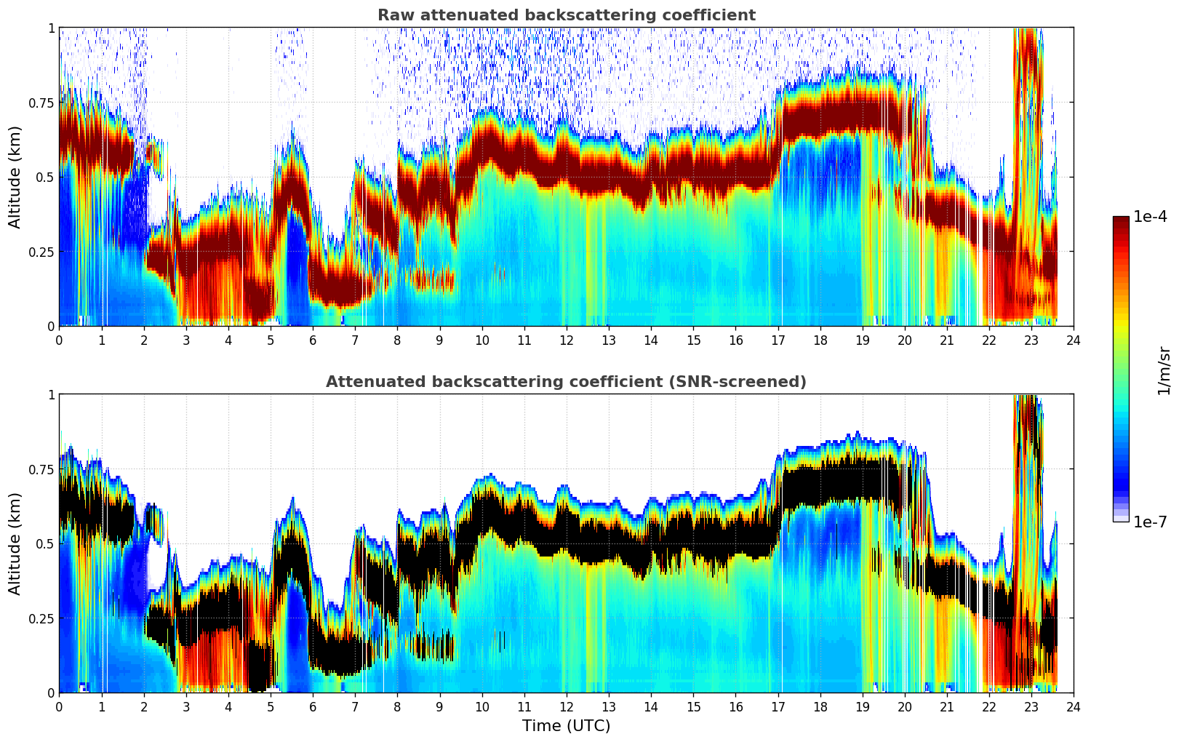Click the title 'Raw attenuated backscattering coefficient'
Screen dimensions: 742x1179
click(566, 15)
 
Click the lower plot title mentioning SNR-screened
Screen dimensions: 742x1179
click(566, 382)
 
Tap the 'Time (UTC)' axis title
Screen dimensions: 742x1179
click(566, 726)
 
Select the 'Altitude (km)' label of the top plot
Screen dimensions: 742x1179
click(15, 177)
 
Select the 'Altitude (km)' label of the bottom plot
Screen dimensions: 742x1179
click(15, 543)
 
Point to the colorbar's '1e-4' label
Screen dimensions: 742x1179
click(1150, 217)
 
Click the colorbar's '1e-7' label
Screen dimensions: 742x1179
click(1150, 522)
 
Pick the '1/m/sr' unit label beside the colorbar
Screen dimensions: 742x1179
click(1164, 370)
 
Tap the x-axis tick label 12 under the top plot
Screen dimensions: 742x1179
click(567, 340)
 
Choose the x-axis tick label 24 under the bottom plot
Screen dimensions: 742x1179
click(1074, 706)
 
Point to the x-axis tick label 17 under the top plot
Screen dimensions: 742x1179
click(778, 340)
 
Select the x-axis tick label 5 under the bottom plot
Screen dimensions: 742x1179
click(271, 706)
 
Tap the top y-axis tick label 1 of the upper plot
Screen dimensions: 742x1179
click(51, 28)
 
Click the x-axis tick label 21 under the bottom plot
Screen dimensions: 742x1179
click(947, 706)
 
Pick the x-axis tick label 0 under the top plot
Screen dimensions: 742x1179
click(60, 340)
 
